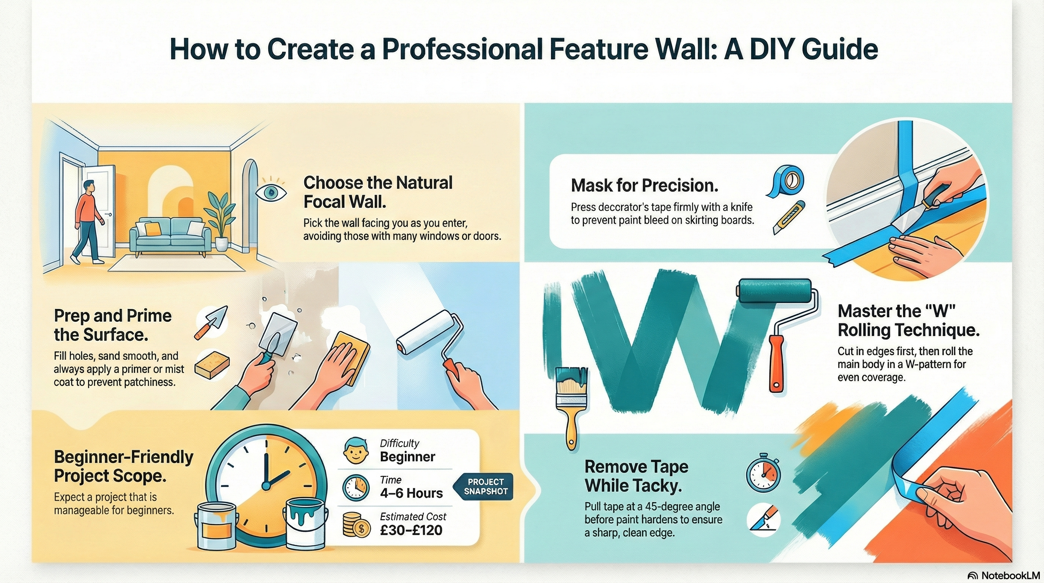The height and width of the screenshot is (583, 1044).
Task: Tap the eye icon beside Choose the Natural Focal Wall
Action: [271, 192]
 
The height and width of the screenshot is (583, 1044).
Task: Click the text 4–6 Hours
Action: [411, 493]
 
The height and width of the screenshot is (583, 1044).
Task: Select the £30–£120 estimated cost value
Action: [411, 530]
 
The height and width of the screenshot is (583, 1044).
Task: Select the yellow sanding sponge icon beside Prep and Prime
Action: [212, 364]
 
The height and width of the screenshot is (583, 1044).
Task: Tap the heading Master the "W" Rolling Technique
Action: [908, 321]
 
